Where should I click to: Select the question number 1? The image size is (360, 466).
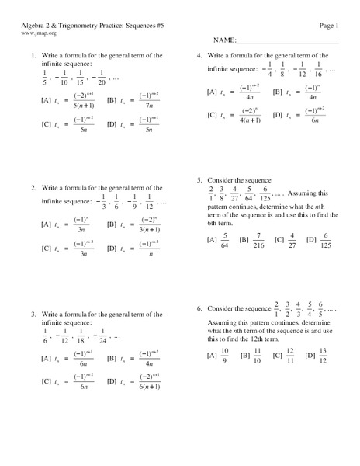[34, 55]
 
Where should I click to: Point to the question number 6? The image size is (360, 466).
[199, 307]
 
